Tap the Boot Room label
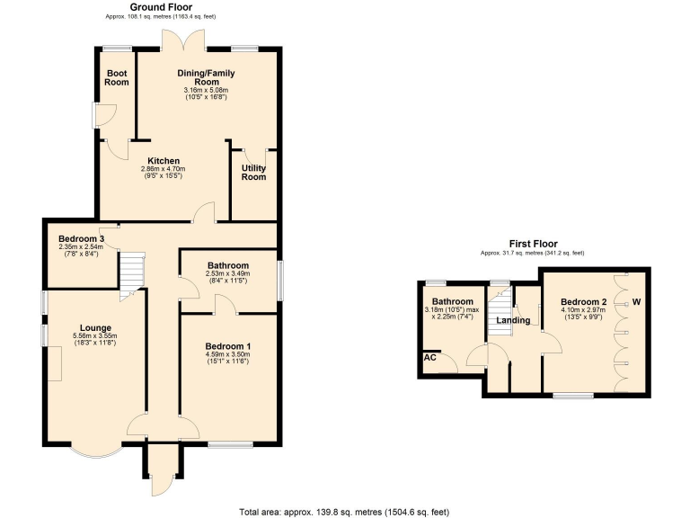pos(118,77)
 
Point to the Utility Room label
pos(254,172)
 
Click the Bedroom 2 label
pos(585,301)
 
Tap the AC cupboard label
pos(429,357)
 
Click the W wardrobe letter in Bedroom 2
pos(637,300)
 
